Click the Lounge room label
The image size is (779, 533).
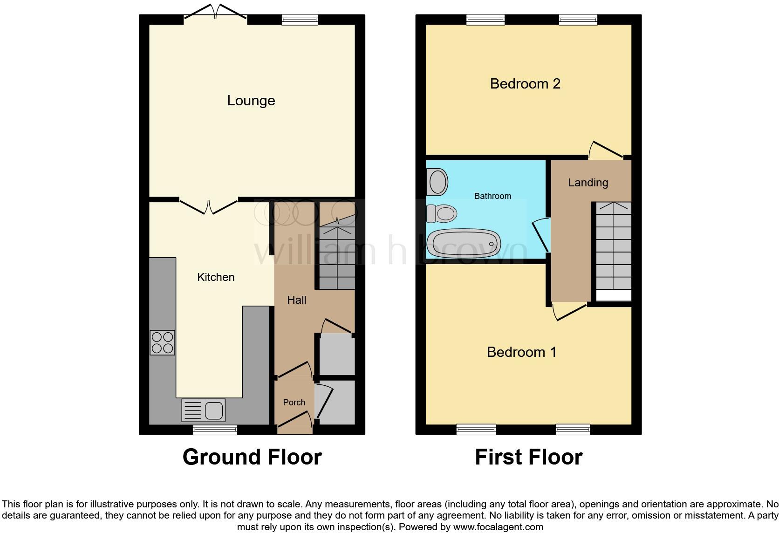[x=251, y=101]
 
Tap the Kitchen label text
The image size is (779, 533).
[x=216, y=277]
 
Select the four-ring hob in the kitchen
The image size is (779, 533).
[x=162, y=342]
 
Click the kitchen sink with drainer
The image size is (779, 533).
[x=203, y=410]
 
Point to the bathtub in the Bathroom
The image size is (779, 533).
[x=464, y=243]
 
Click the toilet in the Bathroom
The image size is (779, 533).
[x=441, y=214]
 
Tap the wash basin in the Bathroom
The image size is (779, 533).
[x=437, y=182]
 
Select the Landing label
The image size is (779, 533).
[x=588, y=183]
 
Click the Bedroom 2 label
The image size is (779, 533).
[x=525, y=84]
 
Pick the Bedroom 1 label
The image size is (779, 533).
[x=521, y=352]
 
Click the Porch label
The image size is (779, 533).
[x=294, y=403]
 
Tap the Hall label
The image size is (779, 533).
[x=296, y=300]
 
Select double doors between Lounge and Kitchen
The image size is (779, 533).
[x=208, y=206]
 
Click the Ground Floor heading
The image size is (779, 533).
[x=252, y=457]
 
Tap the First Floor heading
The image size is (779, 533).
[x=528, y=457]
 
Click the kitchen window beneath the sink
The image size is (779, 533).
[x=215, y=430]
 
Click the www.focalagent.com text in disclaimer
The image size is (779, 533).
[x=498, y=527]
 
